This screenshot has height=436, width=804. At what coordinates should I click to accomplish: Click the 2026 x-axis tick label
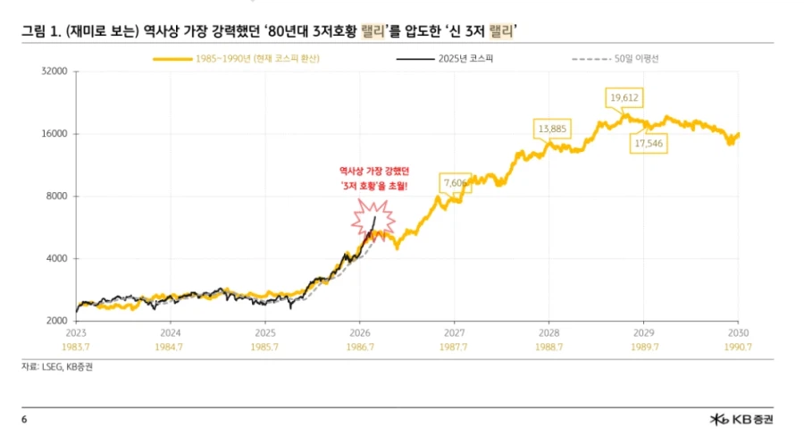[x=358, y=331]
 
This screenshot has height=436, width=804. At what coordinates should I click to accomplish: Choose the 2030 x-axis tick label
[x=737, y=331]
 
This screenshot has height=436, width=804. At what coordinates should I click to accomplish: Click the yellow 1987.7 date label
[x=453, y=345]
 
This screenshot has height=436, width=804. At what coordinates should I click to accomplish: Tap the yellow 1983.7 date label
[x=76, y=345]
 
